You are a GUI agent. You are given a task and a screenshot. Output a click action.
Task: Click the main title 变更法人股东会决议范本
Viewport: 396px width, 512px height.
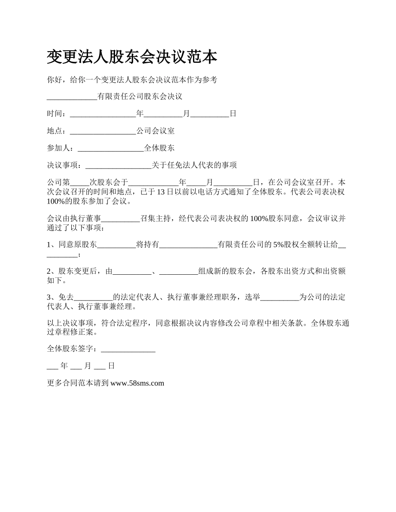(x=132, y=57)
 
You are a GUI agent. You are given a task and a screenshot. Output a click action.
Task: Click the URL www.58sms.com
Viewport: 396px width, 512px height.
(x=137, y=383)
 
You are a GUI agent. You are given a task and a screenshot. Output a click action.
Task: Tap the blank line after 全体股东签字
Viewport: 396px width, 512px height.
(x=128, y=349)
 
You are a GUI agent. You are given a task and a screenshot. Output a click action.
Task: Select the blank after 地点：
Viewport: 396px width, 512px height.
(x=103, y=131)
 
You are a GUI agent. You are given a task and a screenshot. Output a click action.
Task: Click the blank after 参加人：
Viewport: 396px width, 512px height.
(x=110, y=148)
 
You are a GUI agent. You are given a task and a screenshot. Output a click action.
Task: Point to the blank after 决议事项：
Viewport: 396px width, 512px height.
(x=118, y=165)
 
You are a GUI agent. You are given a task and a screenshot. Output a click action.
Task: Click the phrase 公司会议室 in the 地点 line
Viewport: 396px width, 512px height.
(x=155, y=131)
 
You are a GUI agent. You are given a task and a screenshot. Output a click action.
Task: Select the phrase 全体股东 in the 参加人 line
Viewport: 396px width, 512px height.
(x=159, y=148)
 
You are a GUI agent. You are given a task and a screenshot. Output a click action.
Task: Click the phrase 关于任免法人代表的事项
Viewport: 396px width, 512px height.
(x=194, y=165)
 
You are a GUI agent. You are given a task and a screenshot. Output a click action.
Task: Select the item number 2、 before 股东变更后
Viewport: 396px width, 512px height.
(x=52, y=271)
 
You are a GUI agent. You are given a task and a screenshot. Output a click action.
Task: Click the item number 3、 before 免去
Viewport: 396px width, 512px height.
(x=52, y=297)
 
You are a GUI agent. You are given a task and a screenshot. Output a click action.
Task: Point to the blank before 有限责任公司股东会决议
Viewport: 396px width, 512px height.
(x=72, y=97)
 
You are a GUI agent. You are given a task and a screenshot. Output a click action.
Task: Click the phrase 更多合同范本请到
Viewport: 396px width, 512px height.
(x=78, y=383)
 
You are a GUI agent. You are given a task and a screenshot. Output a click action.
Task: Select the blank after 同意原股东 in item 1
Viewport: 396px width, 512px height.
(x=117, y=245)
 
